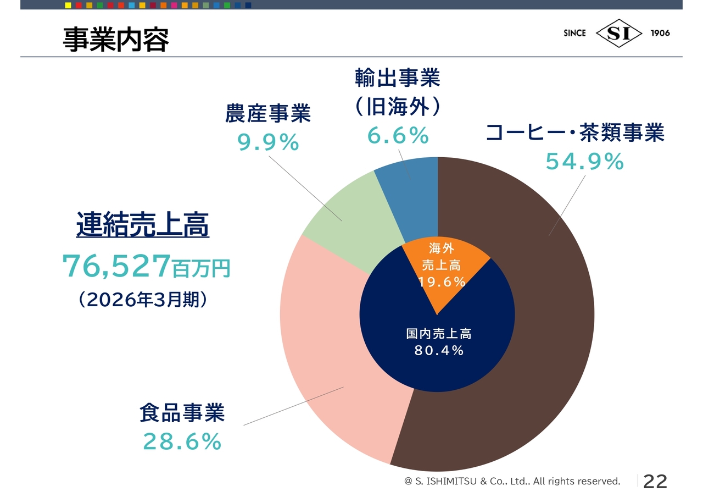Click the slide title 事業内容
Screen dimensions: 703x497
coord(116,40)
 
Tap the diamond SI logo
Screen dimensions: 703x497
coord(618,33)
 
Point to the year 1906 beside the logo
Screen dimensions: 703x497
coord(660,33)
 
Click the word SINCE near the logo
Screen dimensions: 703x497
coord(574,33)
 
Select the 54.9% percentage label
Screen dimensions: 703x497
coord(585,162)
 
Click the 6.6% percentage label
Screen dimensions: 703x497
coord(398,135)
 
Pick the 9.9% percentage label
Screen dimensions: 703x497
coord(267,142)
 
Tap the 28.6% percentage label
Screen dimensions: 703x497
coord(182,441)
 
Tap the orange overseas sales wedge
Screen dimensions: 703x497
coord(441,270)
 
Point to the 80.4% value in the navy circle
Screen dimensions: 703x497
coord(439,350)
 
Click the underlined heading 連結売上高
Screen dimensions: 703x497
coord(143,224)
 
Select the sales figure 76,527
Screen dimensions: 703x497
coord(116,266)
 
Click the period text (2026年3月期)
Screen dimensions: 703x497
coord(143,300)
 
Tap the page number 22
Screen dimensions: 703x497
coord(655,482)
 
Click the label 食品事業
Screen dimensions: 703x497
coord(182,412)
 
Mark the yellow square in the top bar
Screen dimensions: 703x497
coord(68,5)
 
